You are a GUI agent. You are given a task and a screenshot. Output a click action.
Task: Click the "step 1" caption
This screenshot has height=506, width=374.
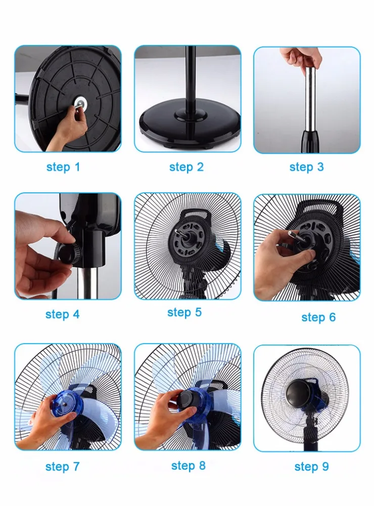point(63,167)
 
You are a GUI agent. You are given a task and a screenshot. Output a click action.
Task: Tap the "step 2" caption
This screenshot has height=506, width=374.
point(186,167)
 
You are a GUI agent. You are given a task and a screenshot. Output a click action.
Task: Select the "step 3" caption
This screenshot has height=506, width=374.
point(306,167)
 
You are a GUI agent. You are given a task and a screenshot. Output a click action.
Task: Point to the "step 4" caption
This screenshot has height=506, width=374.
point(62,314)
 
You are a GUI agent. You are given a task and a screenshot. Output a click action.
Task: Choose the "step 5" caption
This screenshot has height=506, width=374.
point(184,312)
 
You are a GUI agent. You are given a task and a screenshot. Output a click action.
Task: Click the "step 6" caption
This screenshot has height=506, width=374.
point(318,317)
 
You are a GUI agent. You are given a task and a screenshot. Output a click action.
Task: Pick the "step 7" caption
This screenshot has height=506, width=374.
point(62,467)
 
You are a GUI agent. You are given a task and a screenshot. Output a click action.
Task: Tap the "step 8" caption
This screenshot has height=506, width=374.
point(189,466)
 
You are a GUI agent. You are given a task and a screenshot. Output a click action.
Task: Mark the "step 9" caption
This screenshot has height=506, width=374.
point(311,467)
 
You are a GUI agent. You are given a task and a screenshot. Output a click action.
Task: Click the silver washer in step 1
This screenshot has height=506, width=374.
point(79,103)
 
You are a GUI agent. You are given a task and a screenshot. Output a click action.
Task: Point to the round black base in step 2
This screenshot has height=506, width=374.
point(190,125)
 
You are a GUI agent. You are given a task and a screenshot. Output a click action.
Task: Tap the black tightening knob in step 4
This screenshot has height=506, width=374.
point(69,254)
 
